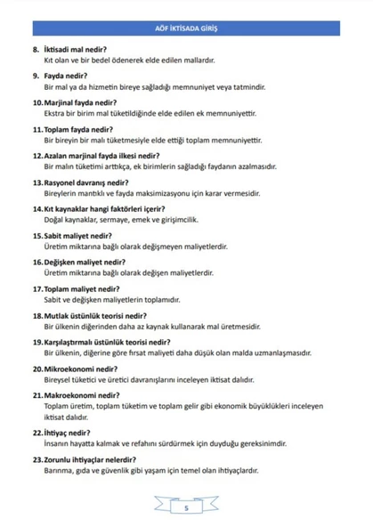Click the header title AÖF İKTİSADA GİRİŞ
click(x=186, y=28)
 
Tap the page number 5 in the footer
click(x=186, y=508)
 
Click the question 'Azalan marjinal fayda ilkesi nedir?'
click(x=101, y=154)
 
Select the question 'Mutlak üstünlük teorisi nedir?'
click(x=94, y=315)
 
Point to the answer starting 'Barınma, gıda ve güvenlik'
click(x=150, y=470)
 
